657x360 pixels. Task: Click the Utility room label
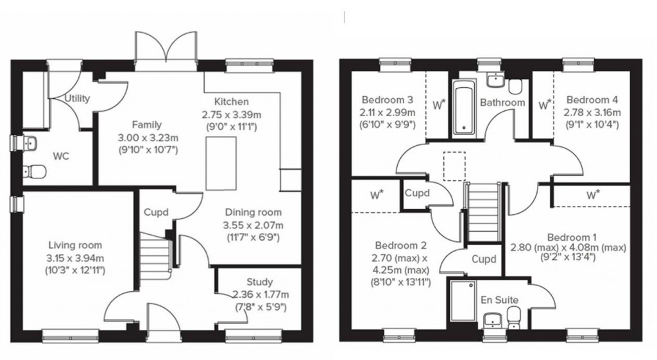point(78,99)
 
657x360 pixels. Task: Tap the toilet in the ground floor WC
point(35,171)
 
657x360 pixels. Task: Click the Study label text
point(259,282)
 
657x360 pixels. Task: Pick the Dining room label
point(252,213)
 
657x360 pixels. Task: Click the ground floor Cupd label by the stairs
point(156,212)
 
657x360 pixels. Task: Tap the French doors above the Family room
point(164,51)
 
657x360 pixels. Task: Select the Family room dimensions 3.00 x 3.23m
point(147,137)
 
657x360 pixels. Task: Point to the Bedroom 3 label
point(387,100)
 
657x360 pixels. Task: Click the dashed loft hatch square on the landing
point(454,162)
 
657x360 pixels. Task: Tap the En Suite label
point(500,300)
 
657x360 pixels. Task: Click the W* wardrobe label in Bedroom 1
point(593,194)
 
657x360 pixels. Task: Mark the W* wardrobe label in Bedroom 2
point(376,194)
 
